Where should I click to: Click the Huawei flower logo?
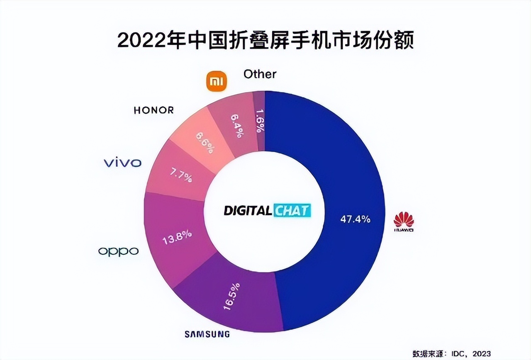(x=404, y=221)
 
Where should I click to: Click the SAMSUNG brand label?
(x=207, y=334)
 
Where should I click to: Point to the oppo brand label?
(x=118, y=251)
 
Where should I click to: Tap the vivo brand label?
(x=122, y=163)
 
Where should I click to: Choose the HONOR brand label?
(x=153, y=110)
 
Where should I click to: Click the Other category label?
(x=260, y=74)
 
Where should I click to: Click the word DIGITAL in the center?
(x=248, y=211)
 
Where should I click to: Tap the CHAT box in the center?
(x=292, y=211)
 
